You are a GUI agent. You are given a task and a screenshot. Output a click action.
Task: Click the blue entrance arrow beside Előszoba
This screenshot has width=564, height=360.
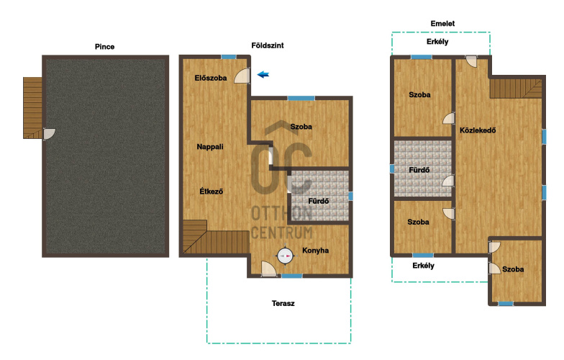click(x=263, y=75)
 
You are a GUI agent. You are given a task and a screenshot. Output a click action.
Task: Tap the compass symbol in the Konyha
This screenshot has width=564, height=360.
click(x=286, y=256)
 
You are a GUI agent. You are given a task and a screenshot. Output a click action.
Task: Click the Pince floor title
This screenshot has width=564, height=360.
click(x=105, y=46)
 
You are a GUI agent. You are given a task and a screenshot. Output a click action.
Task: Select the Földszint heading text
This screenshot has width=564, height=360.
click(x=268, y=45)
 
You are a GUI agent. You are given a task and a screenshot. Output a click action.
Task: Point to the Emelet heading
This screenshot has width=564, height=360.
click(x=442, y=23)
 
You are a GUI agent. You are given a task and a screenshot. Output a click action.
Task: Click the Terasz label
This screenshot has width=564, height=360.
click(x=283, y=303)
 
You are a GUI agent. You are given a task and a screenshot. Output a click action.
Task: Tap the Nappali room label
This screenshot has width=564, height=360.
click(x=210, y=147)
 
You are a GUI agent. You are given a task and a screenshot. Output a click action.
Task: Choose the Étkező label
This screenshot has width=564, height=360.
click(x=211, y=192)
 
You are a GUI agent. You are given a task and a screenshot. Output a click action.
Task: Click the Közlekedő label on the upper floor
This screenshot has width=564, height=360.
click(x=478, y=130)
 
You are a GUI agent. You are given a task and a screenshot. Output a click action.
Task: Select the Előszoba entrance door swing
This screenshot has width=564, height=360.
click(x=242, y=76)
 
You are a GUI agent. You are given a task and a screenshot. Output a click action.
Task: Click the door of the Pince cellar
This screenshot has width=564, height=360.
click(x=49, y=134)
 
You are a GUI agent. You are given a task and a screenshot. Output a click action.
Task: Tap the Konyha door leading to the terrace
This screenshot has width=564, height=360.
click(x=268, y=269)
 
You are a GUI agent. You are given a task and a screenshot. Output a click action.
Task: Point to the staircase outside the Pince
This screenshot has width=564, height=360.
click(x=33, y=108)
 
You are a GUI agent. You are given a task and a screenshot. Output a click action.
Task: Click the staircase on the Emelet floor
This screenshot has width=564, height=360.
click(x=516, y=89)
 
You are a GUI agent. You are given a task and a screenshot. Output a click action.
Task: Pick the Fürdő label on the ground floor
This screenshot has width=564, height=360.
click(x=318, y=202)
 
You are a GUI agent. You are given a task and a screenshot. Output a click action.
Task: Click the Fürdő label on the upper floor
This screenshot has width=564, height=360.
click(x=419, y=170)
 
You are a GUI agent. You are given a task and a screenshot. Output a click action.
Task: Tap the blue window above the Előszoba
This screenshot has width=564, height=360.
click(x=229, y=56)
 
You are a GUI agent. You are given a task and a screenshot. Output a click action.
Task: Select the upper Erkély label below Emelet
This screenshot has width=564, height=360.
click(x=437, y=42)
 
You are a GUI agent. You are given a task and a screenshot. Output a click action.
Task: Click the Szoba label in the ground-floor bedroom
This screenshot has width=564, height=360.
click(x=301, y=127)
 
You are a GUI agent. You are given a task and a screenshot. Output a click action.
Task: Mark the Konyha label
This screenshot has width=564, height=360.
click(x=315, y=251)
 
